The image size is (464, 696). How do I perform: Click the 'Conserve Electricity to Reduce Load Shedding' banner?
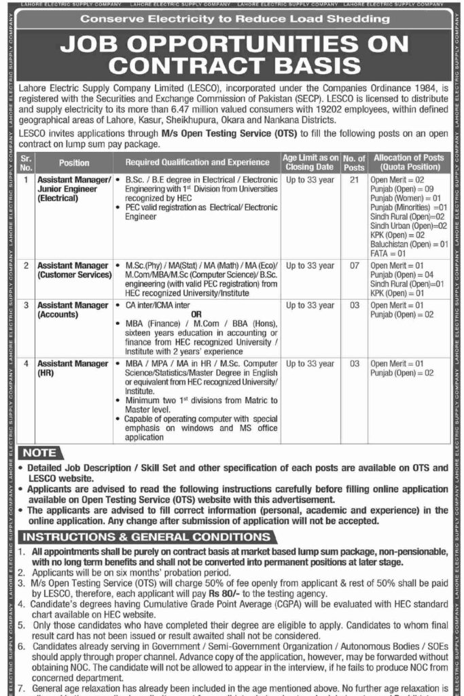tap(231, 20)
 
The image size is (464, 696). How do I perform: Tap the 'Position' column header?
tap(74, 163)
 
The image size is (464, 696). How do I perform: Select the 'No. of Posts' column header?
tap(354, 163)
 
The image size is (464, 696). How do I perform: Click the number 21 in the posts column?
tap(353, 179)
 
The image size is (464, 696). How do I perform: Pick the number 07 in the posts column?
tap(353, 265)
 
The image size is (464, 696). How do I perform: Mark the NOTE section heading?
tap(40, 453)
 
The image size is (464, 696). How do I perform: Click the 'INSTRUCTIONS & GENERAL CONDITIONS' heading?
tap(137, 537)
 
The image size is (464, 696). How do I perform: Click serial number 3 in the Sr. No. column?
tap(26, 306)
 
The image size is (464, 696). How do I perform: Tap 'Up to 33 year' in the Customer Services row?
tap(310, 265)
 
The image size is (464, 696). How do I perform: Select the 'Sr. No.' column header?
tap(26, 163)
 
